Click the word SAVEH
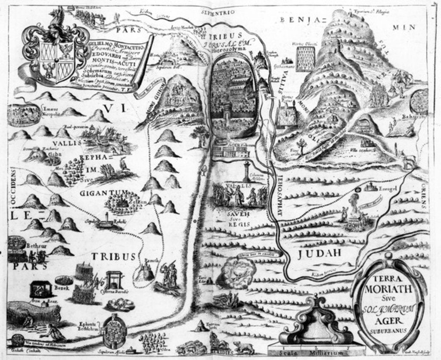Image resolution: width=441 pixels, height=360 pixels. (x=236, y=213)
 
